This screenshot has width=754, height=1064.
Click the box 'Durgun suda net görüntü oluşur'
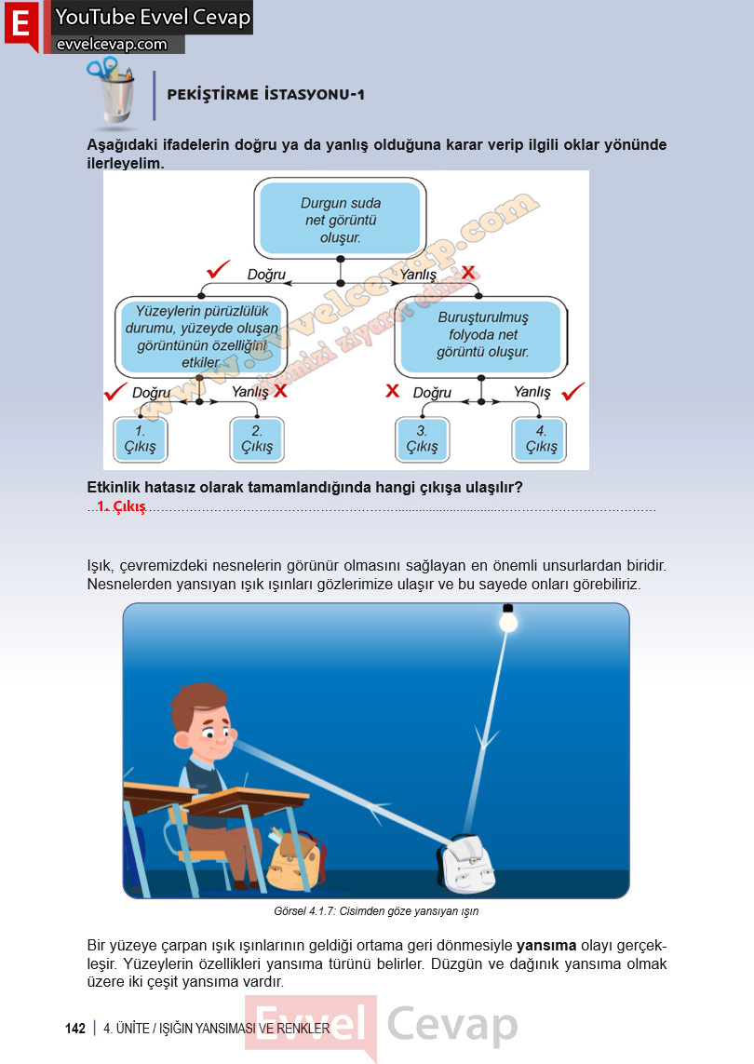(x=340, y=219)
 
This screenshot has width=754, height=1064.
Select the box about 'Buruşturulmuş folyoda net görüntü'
(x=481, y=336)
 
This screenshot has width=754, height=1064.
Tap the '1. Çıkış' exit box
(x=140, y=439)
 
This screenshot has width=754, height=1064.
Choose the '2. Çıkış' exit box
(x=257, y=439)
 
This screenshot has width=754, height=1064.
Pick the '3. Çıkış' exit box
(x=422, y=439)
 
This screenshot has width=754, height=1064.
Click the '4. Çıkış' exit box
(x=540, y=439)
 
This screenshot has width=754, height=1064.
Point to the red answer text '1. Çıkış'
(x=121, y=507)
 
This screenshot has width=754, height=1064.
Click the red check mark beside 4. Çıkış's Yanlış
(x=573, y=392)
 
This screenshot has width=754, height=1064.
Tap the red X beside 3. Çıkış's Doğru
(x=392, y=391)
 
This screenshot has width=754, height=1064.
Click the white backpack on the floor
(x=467, y=863)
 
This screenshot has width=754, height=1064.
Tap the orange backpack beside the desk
(x=297, y=859)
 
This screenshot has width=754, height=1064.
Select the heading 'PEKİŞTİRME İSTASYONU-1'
(x=266, y=94)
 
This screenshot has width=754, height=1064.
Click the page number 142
(x=75, y=1029)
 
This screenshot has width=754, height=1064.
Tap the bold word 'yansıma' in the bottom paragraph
(x=546, y=946)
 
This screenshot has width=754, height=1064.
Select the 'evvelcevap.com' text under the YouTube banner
(x=112, y=45)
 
